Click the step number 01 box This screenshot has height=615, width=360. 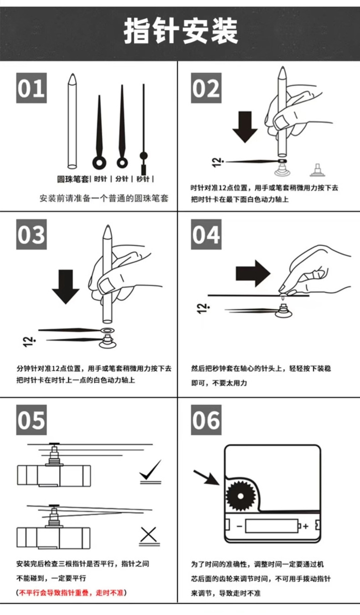point(31,88)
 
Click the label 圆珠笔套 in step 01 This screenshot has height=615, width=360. point(72,179)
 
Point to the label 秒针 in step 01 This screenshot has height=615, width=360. point(143,179)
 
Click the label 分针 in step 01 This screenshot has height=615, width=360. point(122,179)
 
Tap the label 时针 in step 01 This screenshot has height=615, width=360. point(100,179)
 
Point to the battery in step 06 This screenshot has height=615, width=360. point(272,526)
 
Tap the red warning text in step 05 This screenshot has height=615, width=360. point(72,593)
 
